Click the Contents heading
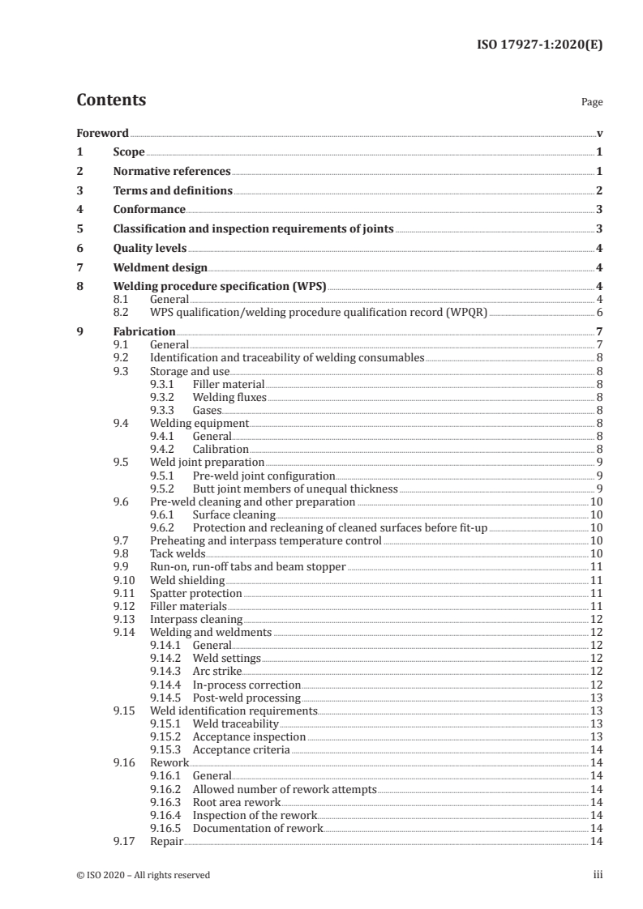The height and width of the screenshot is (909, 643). point(111,100)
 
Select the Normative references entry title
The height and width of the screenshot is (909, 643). point(172,172)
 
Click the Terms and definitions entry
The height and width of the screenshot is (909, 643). point(173,191)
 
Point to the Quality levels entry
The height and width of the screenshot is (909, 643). point(150,249)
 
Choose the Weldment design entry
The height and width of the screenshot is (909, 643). point(161,267)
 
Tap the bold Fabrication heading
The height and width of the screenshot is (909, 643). point(144,331)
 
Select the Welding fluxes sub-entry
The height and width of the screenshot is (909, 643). point(229,397)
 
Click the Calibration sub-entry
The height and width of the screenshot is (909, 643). point(221,449)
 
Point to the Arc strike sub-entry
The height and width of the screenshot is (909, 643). point(216,671)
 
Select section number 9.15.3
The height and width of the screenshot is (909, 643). point(167,750)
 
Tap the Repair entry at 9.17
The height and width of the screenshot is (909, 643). point(166,841)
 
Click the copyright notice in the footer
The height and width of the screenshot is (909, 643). point(144,875)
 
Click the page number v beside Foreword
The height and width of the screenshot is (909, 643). point(599,133)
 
